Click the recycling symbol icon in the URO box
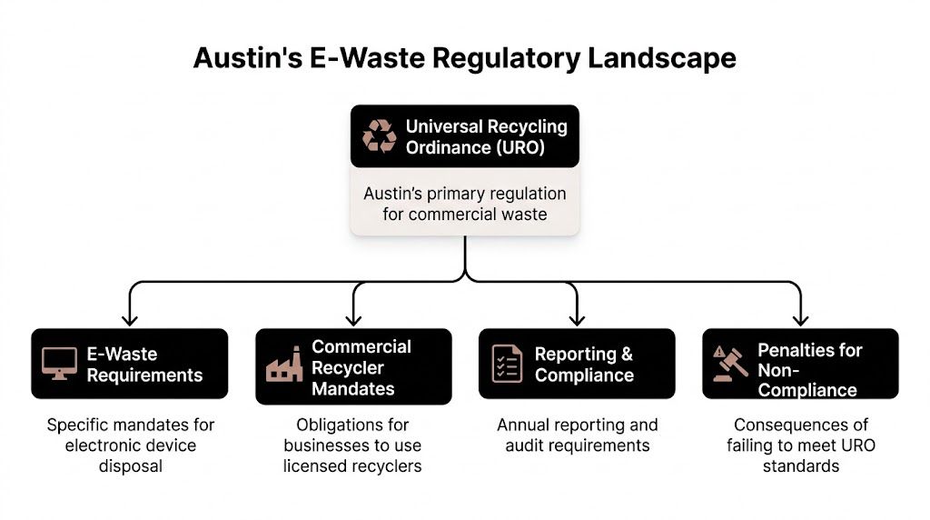[380, 136]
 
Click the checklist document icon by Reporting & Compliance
[507, 364]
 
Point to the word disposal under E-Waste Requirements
[130, 466]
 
